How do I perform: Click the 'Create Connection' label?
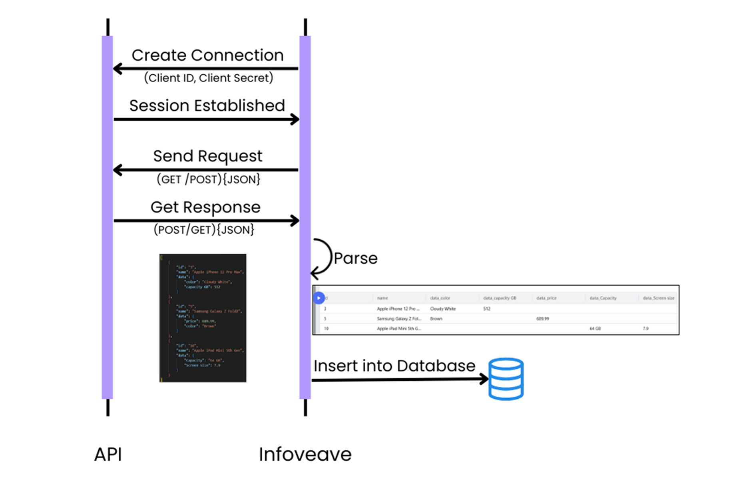(x=207, y=55)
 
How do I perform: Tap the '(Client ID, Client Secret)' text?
(x=208, y=78)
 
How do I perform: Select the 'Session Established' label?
(x=207, y=106)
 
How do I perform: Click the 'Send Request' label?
(x=207, y=156)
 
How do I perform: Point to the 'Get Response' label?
(x=205, y=207)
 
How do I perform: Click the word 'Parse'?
(x=355, y=258)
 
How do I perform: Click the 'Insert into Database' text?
(x=394, y=366)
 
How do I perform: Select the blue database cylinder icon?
(x=506, y=379)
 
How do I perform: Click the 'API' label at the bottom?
(x=108, y=454)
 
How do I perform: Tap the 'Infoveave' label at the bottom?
(x=305, y=454)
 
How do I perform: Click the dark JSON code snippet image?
(x=203, y=318)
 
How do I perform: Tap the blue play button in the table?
(x=319, y=298)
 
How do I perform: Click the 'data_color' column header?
(x=440, y=298)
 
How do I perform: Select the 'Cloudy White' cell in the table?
(x=442, y=309)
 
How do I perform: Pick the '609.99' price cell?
(x=542, y=319)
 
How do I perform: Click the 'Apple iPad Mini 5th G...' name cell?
(x=399, y=328)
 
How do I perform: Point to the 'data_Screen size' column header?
(x=658, y=298)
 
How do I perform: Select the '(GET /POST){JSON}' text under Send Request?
(x=208, y=179)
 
